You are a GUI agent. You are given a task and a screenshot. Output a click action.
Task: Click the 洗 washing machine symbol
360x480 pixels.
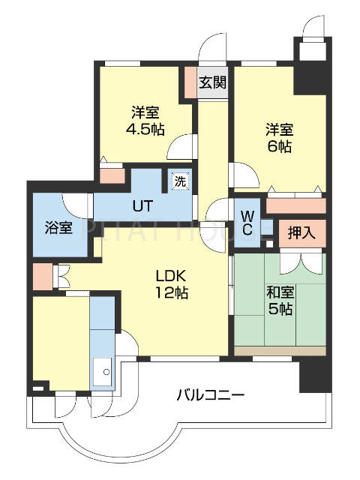[179, 181]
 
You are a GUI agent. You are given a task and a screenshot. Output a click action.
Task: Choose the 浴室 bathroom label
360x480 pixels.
[58, 226]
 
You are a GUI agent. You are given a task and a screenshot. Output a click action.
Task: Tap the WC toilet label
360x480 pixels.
[247, 221]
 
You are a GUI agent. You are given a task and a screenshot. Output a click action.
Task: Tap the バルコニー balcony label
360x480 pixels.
[211, 394]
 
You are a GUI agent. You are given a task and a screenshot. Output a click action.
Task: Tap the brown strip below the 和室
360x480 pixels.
[280, 350]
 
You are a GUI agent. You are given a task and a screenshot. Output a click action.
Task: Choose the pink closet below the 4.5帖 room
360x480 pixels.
[112, 175]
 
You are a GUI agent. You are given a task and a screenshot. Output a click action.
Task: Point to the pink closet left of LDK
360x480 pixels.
[42, 275]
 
